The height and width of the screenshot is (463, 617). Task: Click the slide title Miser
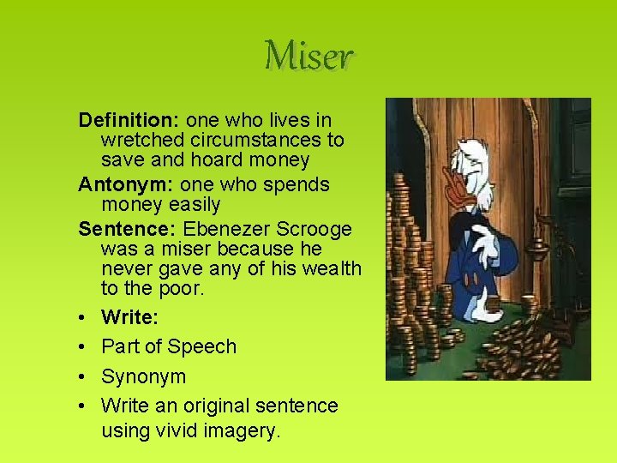pyautogui.click(x=308, y=57)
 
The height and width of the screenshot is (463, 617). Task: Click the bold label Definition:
pyautogui.click(x=129, y=120)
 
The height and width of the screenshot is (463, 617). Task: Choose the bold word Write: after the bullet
pyautogui.click(x=129, y=317)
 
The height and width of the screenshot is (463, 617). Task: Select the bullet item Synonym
pyautogui.click(x=143, y=376)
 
